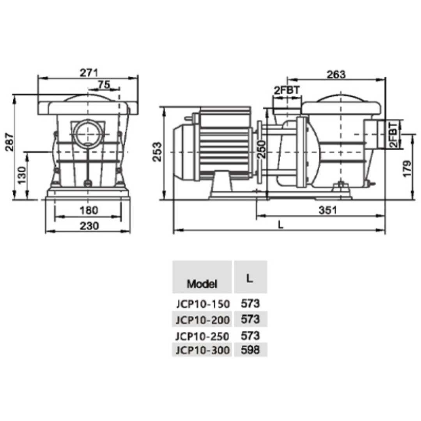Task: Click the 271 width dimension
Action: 89,73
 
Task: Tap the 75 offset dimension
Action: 104,85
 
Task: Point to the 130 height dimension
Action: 22,175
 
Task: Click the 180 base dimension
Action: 89,210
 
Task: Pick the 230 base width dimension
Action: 89,226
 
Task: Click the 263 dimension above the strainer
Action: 336,74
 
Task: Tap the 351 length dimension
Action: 327,210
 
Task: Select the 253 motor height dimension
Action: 157,152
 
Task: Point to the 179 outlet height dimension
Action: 407,169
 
